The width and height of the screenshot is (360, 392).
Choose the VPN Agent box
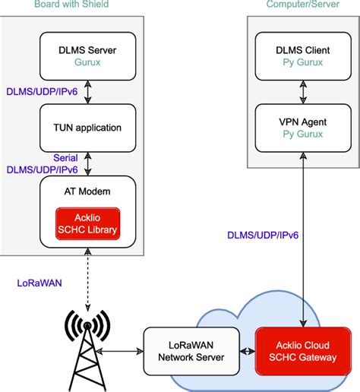click(303, 127)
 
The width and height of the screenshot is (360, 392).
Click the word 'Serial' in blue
click(66, 158)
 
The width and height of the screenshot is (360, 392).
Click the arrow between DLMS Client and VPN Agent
click(303, 91)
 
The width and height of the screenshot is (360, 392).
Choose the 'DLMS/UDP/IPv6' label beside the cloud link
click(264, 236)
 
